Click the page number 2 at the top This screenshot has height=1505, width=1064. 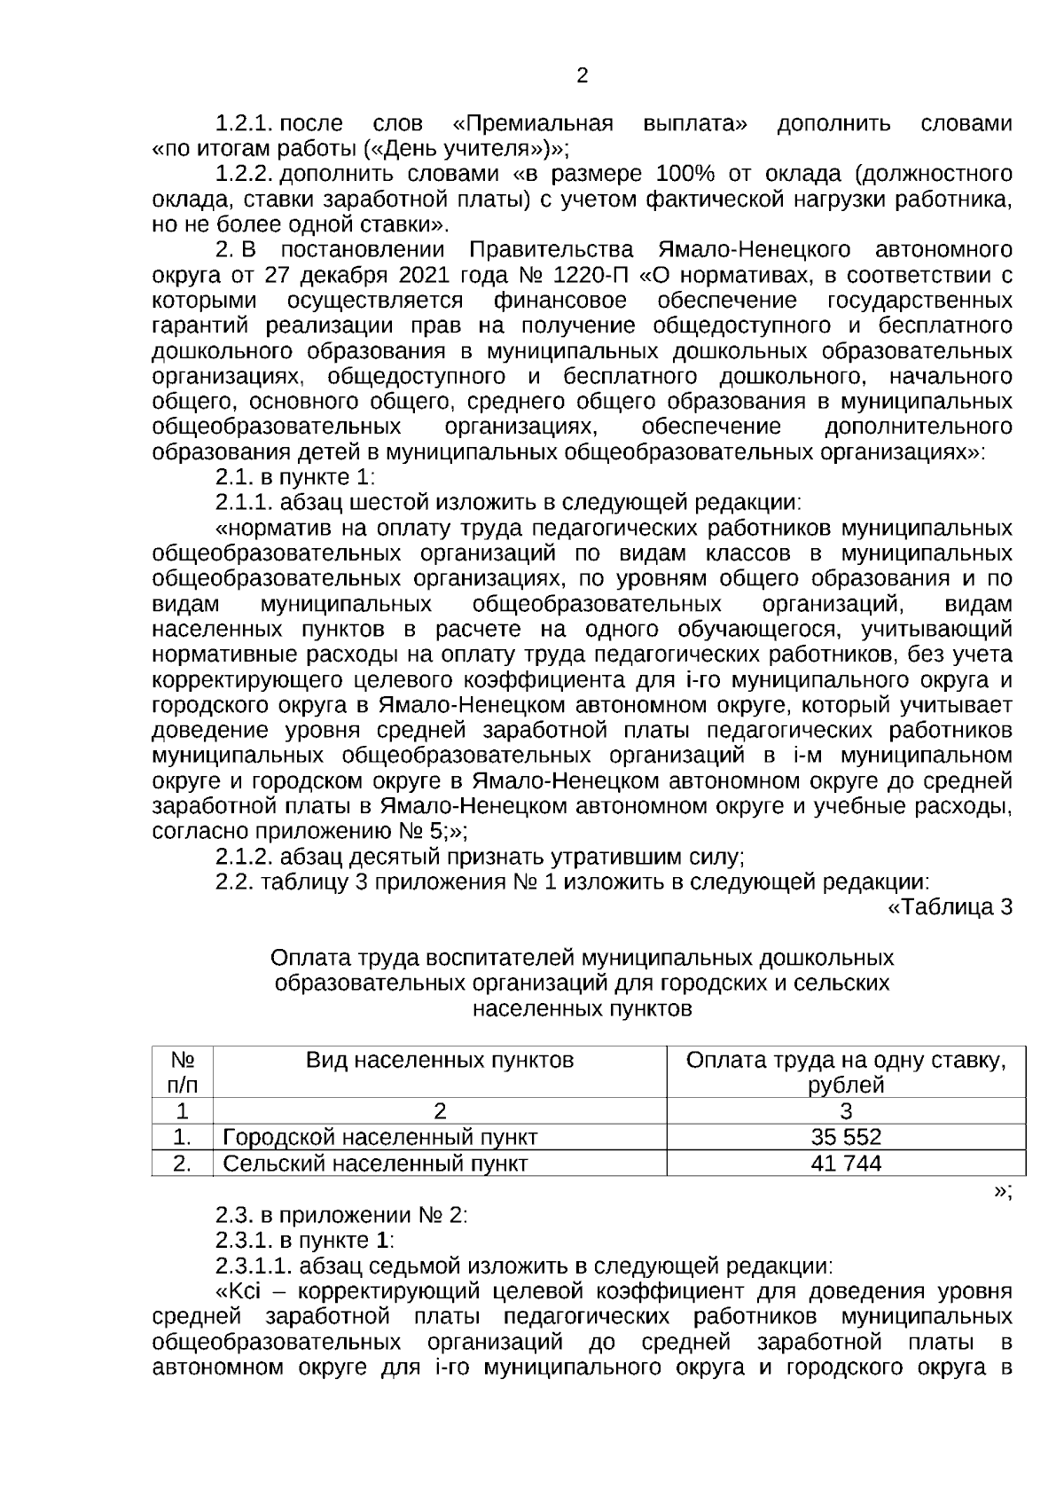point(583,76)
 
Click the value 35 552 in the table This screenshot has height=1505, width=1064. point(846,1137)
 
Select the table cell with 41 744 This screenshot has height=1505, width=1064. point(846,1164)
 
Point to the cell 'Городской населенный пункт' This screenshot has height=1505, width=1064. point(380,1137)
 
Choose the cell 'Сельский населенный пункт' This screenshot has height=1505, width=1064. point(376,1164)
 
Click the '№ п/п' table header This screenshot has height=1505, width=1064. point(183,1072)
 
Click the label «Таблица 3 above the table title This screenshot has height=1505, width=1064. point(950,907)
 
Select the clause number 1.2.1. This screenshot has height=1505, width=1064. point(245,123)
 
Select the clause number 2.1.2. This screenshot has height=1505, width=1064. point(244,858)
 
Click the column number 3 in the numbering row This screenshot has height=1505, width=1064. point(846,1111)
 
